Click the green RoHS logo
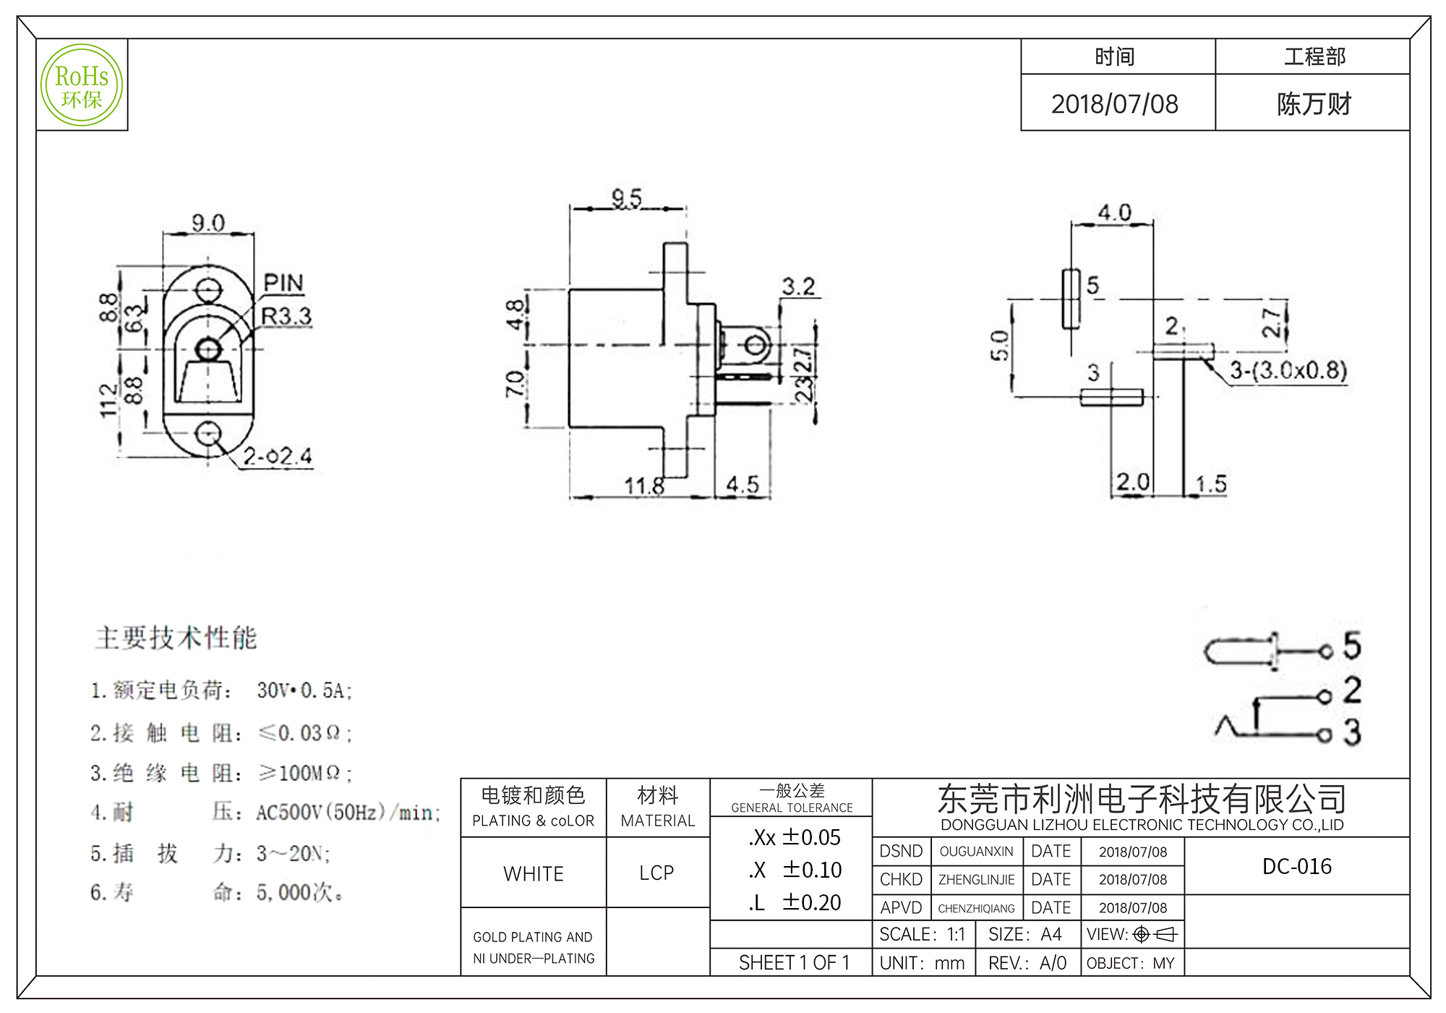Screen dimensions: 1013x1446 pos(82,85)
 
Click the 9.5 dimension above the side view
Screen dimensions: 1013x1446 pos(627,198)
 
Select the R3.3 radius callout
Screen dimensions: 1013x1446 pos(286,316)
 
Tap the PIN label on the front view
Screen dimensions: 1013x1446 pos(283,283)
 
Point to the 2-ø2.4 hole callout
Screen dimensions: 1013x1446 pos(278,457)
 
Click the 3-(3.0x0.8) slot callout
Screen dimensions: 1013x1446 pos(1288,370)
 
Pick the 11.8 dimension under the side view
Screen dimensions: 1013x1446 pos(644,486)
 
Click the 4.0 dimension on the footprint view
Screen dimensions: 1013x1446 pos(1114,213)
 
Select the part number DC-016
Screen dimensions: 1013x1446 pos(1297,866)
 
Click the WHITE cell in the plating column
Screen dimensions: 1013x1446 pos(534,874)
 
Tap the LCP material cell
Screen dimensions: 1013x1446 pos(656,873)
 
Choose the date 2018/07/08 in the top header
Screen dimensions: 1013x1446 pos(1114,104)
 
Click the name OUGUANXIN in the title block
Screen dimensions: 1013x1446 pos(976,852)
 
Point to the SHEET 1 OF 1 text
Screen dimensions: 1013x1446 pos(794,963)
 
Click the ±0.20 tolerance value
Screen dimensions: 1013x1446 pos(812,902)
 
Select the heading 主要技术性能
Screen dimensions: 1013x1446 pos(176,637)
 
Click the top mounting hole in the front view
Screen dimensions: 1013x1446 pos(208,290)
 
